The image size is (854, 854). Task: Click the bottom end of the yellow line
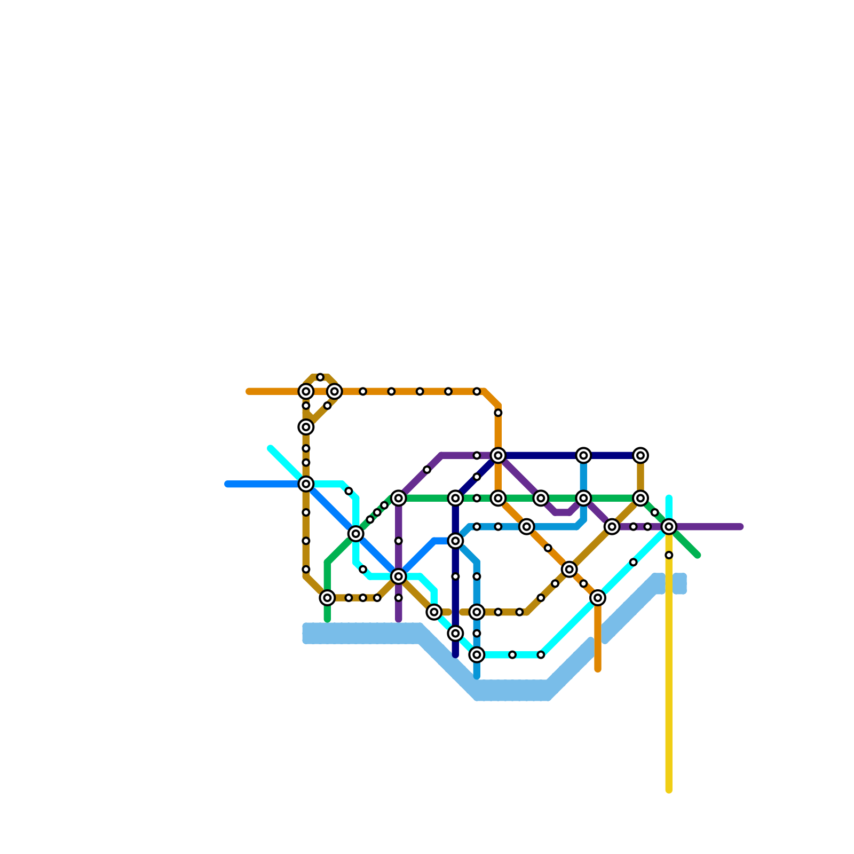pyautogui.click(x=669, y=790)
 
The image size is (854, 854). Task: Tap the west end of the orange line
pyautogui.click(x=248, y=392)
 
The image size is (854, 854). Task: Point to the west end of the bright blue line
pyautogui.click(x=227, y=484)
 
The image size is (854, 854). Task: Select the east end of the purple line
pyautogui.click(x=741, y=527)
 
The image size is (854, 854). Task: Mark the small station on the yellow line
pyautogui.click(x=669, y=555)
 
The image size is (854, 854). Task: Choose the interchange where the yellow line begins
pyautogui.click(x=669, y=527)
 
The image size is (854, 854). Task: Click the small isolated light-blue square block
pyautogui.click(x=679, y=583)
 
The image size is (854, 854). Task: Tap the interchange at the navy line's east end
pyautogui.click(x=640, y=455)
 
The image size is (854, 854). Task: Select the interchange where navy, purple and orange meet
pyautogui.click(x=498, y=455)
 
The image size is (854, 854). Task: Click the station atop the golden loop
pyautogui.click(x=320, y=377)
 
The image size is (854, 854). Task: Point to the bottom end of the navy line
pyautogui.click(x=455, y=655)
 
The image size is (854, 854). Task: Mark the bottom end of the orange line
pyautogui.click(x=598, y=669)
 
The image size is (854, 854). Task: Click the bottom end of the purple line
pyautogui.click(x=399, y=620)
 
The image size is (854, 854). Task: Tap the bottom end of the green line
pyautogui.click(x=327, y=620)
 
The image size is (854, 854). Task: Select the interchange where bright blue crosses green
pyautogui.click(x=356, y=534)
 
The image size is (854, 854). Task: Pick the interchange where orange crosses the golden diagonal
pyautogui.click(x=570, y=570)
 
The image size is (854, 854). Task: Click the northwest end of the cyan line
pyautogui.click(x=271, y=448)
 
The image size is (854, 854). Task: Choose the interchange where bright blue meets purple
pyautogui.click(x=399, y=576)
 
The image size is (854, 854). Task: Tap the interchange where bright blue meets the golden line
pyautogui.click(x=306, y=484)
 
